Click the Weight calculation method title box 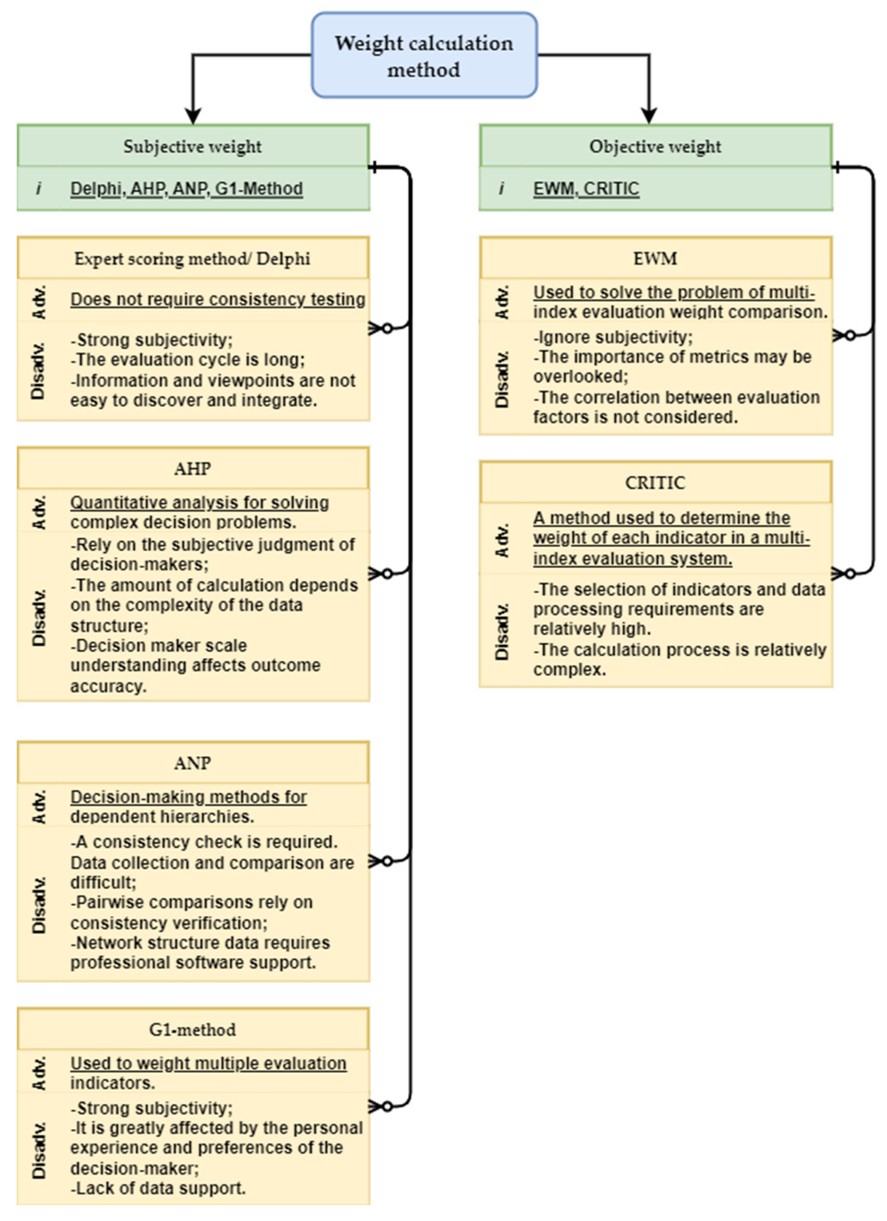[x=424, y=56]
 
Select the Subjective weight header [x=193, y=147]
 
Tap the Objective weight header [x=655, y=147]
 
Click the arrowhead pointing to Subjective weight [x=193, y=116]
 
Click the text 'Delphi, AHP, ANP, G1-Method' [x=186, y=188]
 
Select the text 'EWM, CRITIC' [x=586, y=188]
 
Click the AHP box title [x=192, y=469]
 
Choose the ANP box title [x=192, y=763]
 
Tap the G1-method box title [x=192, y=1030]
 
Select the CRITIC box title [x=655, y=483]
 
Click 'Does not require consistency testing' [x=218, y=299]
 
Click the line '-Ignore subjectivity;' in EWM [x=613, y=337]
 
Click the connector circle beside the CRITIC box [x=850, y=574]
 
